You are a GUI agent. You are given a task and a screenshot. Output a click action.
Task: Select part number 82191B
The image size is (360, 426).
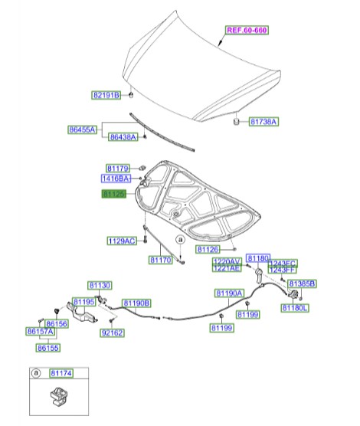(106, 95)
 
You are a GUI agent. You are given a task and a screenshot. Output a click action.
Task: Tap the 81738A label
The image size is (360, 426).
(263, 122)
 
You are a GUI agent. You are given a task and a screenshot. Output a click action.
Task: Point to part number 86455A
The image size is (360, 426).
(83, 131)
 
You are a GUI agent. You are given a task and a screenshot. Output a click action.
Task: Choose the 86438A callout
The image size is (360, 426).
(123, 137)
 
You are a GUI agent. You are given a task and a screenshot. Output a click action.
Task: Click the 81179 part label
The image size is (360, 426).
(118, 167)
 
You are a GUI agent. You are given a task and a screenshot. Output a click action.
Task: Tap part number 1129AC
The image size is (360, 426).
(121, 241)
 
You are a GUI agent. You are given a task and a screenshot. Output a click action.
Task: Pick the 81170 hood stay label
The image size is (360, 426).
(160, 261)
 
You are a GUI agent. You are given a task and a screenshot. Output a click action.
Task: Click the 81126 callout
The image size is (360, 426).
(207, 249)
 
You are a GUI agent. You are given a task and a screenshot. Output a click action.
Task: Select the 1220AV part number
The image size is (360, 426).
(227, 261)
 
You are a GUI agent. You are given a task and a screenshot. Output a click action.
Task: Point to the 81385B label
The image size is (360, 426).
(301, 283)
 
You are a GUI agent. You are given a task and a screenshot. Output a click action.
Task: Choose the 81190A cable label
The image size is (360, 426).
(228, 293)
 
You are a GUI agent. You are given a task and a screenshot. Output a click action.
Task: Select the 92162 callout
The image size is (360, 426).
(112, 333)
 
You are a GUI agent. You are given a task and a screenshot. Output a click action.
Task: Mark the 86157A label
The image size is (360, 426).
(40, 333)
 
